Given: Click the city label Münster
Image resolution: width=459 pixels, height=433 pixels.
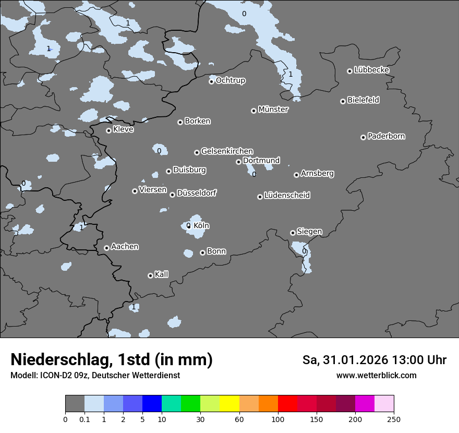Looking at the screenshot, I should tap(273, 110).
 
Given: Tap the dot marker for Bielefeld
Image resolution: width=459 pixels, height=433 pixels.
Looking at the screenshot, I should tap(343, 101).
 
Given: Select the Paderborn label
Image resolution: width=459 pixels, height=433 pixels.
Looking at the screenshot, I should tap(386, 136).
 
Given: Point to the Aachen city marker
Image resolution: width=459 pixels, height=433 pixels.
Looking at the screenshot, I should tap(106, 248).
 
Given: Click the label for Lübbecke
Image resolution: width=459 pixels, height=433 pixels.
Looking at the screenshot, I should tap(371, 70).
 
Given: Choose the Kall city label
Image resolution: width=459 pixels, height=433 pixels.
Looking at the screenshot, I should tap(161, 274).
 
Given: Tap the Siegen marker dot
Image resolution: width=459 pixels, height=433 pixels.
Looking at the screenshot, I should tap(293, 233).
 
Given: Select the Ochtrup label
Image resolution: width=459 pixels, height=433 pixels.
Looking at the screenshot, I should tap(230, 80).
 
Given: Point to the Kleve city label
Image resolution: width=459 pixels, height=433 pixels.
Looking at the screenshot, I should tap(123, 129).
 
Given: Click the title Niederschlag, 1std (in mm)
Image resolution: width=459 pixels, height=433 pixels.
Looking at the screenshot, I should tap(112, 359).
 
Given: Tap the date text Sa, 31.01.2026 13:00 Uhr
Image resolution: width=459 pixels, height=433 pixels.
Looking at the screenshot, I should tap(374, 360).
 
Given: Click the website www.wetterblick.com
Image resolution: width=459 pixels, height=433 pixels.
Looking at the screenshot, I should tap(376, 376).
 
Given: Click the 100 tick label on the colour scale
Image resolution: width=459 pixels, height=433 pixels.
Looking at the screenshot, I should tap(278, 419).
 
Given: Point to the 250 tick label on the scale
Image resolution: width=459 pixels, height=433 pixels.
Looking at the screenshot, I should tap(394, 419).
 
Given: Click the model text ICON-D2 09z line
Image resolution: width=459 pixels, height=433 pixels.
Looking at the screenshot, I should tap(95, 376).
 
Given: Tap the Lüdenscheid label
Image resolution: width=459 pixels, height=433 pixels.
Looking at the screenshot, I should tap(287, 196).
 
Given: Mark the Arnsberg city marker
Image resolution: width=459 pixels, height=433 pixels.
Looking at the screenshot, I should tap(296, 175).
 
